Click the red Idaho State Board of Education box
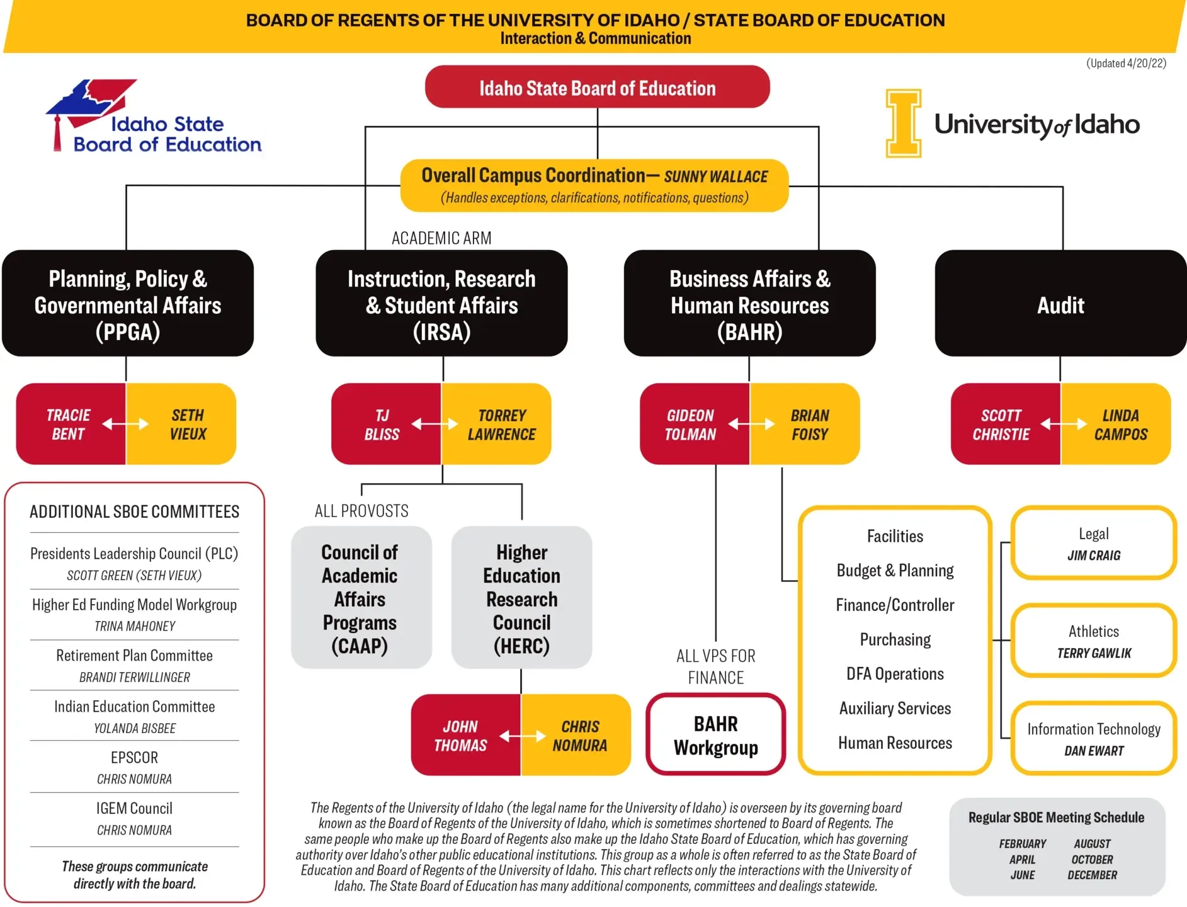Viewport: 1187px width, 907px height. tap(597, 88)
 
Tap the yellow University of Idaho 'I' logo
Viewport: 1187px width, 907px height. tap(903, 123)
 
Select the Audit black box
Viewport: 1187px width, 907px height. tap(1060, 305)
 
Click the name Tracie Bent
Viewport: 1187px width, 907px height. tap(68, 425)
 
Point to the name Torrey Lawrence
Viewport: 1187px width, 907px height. tap(501, 425)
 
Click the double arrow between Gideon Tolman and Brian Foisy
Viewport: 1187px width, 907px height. tap(751, 425)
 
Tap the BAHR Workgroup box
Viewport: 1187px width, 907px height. tap(715, 735)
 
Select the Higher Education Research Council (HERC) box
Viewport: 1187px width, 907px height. tap(521, 598)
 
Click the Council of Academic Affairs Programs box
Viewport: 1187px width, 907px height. tap(360, 598)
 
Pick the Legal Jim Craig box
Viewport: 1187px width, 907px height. tap(1093, 544)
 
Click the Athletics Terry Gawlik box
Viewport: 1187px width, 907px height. tap(1093, 641)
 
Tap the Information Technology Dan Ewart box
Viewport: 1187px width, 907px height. tap(1093, 739)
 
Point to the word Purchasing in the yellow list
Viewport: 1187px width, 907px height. tap(895, 640)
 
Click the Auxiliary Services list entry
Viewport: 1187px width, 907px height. tap(895, 709)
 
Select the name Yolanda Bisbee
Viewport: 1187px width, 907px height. tap(135, 729)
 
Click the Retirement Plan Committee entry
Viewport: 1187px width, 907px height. tap(135, 656)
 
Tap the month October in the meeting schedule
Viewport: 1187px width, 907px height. tap(1092, 860)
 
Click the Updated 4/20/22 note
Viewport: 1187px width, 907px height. tap(1126, 64)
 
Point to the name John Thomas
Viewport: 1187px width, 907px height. tap(460, 736)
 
